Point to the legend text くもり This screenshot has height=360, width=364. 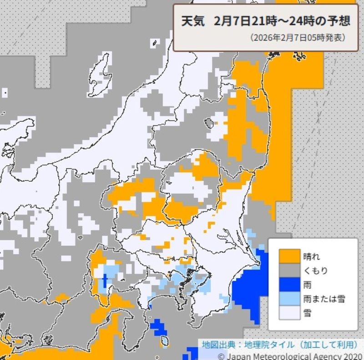pyautogui.click(x=315, y=270)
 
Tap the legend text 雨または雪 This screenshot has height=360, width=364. pyautogui.click(x=324, y=299)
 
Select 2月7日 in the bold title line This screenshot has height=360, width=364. pyautogui.click(x=230, y=22)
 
